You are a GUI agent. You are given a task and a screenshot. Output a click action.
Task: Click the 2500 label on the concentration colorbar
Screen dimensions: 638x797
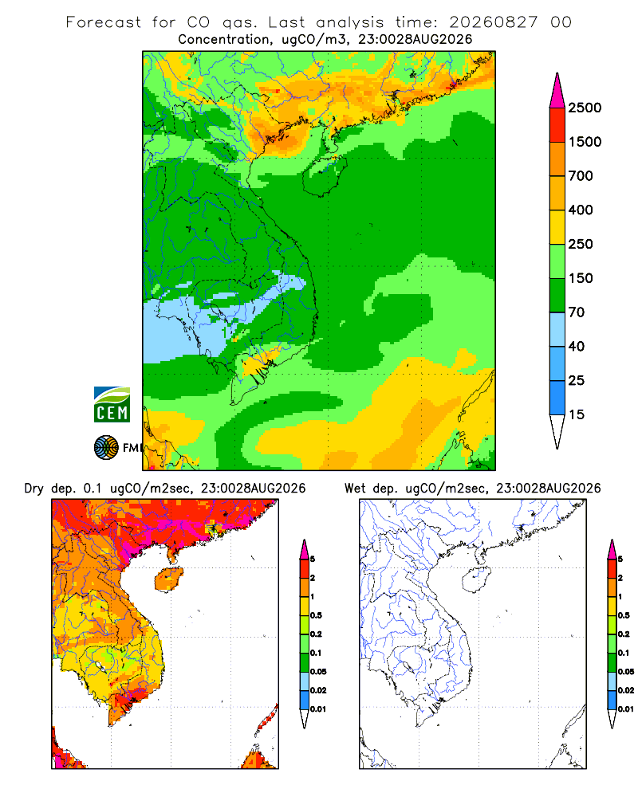(x=585, y=108)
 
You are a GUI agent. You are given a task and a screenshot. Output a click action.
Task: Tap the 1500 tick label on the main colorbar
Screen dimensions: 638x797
(x=585, y=142)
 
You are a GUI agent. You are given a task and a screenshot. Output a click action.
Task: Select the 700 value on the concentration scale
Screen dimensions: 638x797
(x=581, y=176)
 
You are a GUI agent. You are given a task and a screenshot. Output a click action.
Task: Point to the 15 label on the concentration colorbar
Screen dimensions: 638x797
(x=577, y=414)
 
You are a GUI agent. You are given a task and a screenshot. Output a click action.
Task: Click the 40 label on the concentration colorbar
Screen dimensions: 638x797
(x=577, y=347)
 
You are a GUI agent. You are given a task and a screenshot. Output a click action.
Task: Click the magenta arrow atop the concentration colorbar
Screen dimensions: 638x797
(x=557, y=91)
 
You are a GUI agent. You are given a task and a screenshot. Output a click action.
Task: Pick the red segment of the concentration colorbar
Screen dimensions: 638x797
(x=557, y=125)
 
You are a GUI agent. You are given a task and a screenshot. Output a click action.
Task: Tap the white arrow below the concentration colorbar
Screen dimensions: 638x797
(x=557, y=431)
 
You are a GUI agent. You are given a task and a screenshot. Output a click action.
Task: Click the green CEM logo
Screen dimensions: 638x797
(x=112, y=405)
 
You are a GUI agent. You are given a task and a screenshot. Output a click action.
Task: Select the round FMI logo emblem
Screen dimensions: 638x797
(x=106, y=448)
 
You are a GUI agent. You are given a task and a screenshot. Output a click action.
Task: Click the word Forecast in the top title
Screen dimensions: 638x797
(x=104, y=22)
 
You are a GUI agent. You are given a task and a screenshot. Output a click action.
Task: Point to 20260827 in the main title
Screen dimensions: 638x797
(x=493, y=22)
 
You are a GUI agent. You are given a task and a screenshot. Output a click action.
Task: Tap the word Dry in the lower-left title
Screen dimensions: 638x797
(x=34, y=489)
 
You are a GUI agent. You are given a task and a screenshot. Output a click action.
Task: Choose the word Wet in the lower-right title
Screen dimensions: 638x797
(x=355, y=489)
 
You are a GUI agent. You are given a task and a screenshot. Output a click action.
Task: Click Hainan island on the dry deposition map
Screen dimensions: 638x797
(x=168, y=580)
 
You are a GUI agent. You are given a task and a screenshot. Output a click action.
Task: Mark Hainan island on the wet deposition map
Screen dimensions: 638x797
(x=476, y=580)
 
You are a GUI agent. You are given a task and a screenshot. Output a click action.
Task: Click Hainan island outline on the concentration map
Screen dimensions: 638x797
(x=303, y=178)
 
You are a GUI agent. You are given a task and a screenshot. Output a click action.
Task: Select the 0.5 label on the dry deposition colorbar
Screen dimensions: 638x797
(x=317, y=615)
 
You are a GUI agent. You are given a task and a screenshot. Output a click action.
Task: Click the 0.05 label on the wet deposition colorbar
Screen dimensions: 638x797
(x=626, y=672)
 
